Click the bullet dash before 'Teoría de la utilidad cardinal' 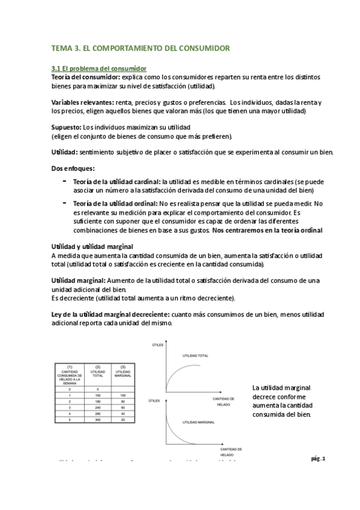point(64,180)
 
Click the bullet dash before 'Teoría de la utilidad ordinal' point(64,203)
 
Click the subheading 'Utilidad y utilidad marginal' point(92,247)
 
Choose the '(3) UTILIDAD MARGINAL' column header point(123,373)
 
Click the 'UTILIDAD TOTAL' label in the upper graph point(196,357)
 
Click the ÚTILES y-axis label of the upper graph point(159,344)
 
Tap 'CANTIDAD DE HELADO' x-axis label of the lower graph point(228,452)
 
